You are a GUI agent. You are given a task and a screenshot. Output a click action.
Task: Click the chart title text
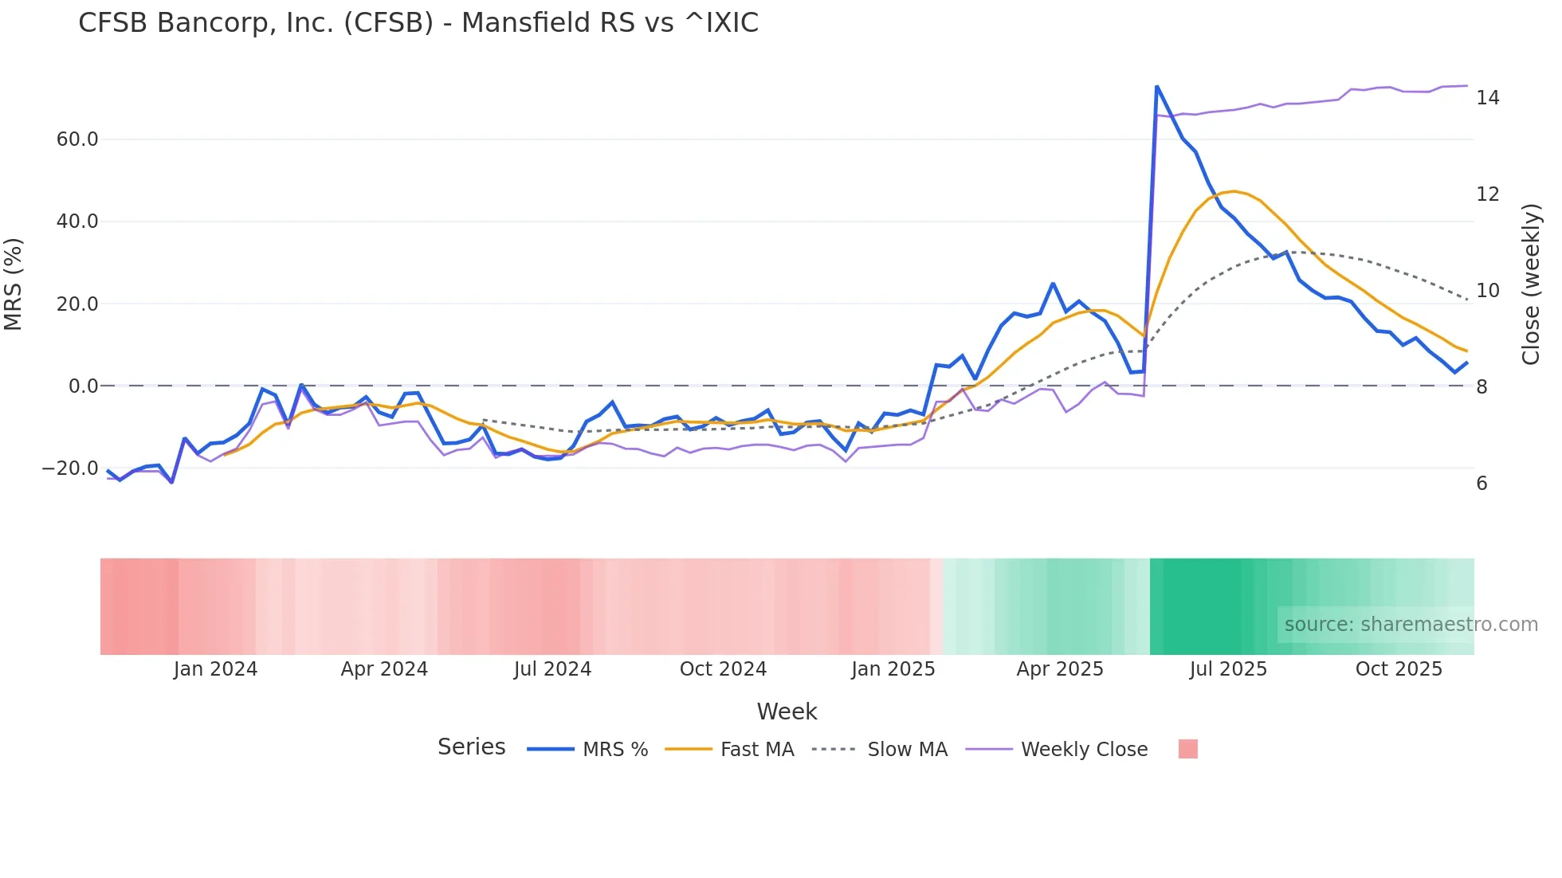point(418,23)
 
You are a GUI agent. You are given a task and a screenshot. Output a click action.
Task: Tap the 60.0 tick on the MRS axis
point(77,139)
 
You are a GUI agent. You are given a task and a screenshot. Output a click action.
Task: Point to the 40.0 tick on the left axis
point(77,221)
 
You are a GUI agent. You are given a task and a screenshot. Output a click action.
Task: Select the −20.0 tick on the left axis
point(71,468)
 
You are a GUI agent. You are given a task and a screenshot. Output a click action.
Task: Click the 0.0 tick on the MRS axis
point(84,386)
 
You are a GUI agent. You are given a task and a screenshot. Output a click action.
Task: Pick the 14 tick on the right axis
point(1488,98)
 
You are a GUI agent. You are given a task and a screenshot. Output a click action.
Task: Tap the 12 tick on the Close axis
point(1488,194)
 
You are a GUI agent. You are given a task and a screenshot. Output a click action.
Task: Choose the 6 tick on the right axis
point(1482,484)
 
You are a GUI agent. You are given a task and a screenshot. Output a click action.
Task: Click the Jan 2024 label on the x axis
point(215,669)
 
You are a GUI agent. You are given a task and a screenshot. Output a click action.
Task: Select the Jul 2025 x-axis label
point(1228,669)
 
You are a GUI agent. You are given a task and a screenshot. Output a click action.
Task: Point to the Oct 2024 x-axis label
point(723,669)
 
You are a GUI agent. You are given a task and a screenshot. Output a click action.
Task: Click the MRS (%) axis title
point(13,284)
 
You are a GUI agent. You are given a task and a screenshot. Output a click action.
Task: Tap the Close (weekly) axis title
point(1531,284)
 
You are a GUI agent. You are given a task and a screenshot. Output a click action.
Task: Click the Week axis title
point(787,711)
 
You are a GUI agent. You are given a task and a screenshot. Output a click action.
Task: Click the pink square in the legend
point(1188,750)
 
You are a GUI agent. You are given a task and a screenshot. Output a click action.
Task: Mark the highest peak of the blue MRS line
point(1156,86)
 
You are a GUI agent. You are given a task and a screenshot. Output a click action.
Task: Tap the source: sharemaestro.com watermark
point(1411,625)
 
